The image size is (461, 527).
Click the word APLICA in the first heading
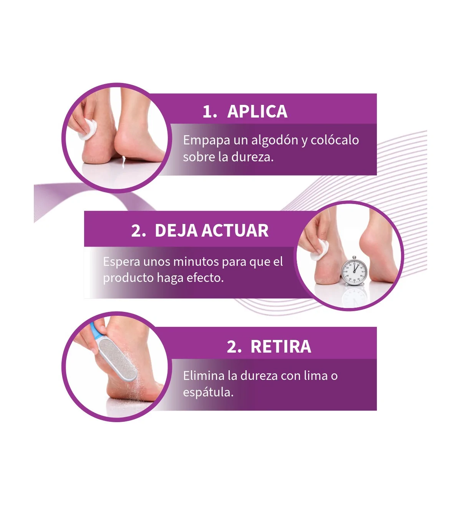(x=257, y=111)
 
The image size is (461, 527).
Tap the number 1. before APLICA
(x=210, y=111)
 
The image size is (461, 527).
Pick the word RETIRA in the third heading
(x=281, y=346)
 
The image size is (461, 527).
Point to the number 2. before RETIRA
(x=234, y=347)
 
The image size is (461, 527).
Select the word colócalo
(x=335, y=140)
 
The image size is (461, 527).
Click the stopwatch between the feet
(x=353, y=271)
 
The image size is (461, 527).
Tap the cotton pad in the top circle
(x=88, y=129)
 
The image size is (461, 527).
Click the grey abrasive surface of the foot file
(x=118, y=359)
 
